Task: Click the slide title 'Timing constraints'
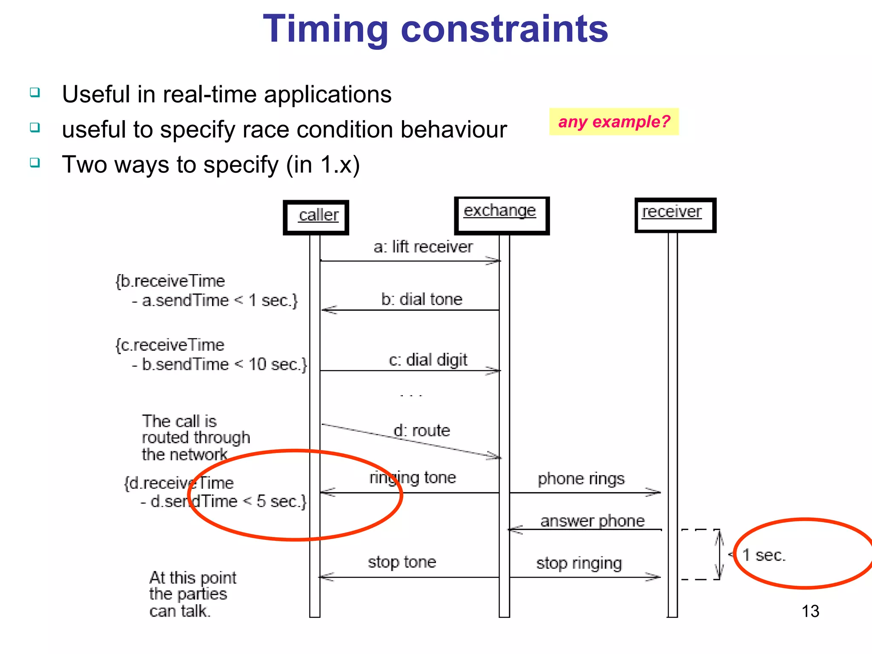[435, 29]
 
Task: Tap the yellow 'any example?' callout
[614, 122]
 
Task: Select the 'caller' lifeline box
[316, 217]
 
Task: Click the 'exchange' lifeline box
[502, 215]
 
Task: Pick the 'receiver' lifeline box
[675, 215]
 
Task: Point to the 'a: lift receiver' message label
[423, 247]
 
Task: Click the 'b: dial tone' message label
[422, 299]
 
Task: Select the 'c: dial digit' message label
[427, 360]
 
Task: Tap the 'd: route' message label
[422, 430]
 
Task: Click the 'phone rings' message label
[581, 479]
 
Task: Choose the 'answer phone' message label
[592, 521]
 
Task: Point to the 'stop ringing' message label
[579, 563]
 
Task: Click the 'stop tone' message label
[402, 562]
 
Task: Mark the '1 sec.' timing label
[764, 555]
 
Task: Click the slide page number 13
[810, 611]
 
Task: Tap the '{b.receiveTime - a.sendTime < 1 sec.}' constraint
[207, 291]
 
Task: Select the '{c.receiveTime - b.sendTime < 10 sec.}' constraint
[211, 355]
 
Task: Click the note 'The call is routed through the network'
[195, 438]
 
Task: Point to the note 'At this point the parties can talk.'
[192, 594]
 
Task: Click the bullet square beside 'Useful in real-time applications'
[35, 92]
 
